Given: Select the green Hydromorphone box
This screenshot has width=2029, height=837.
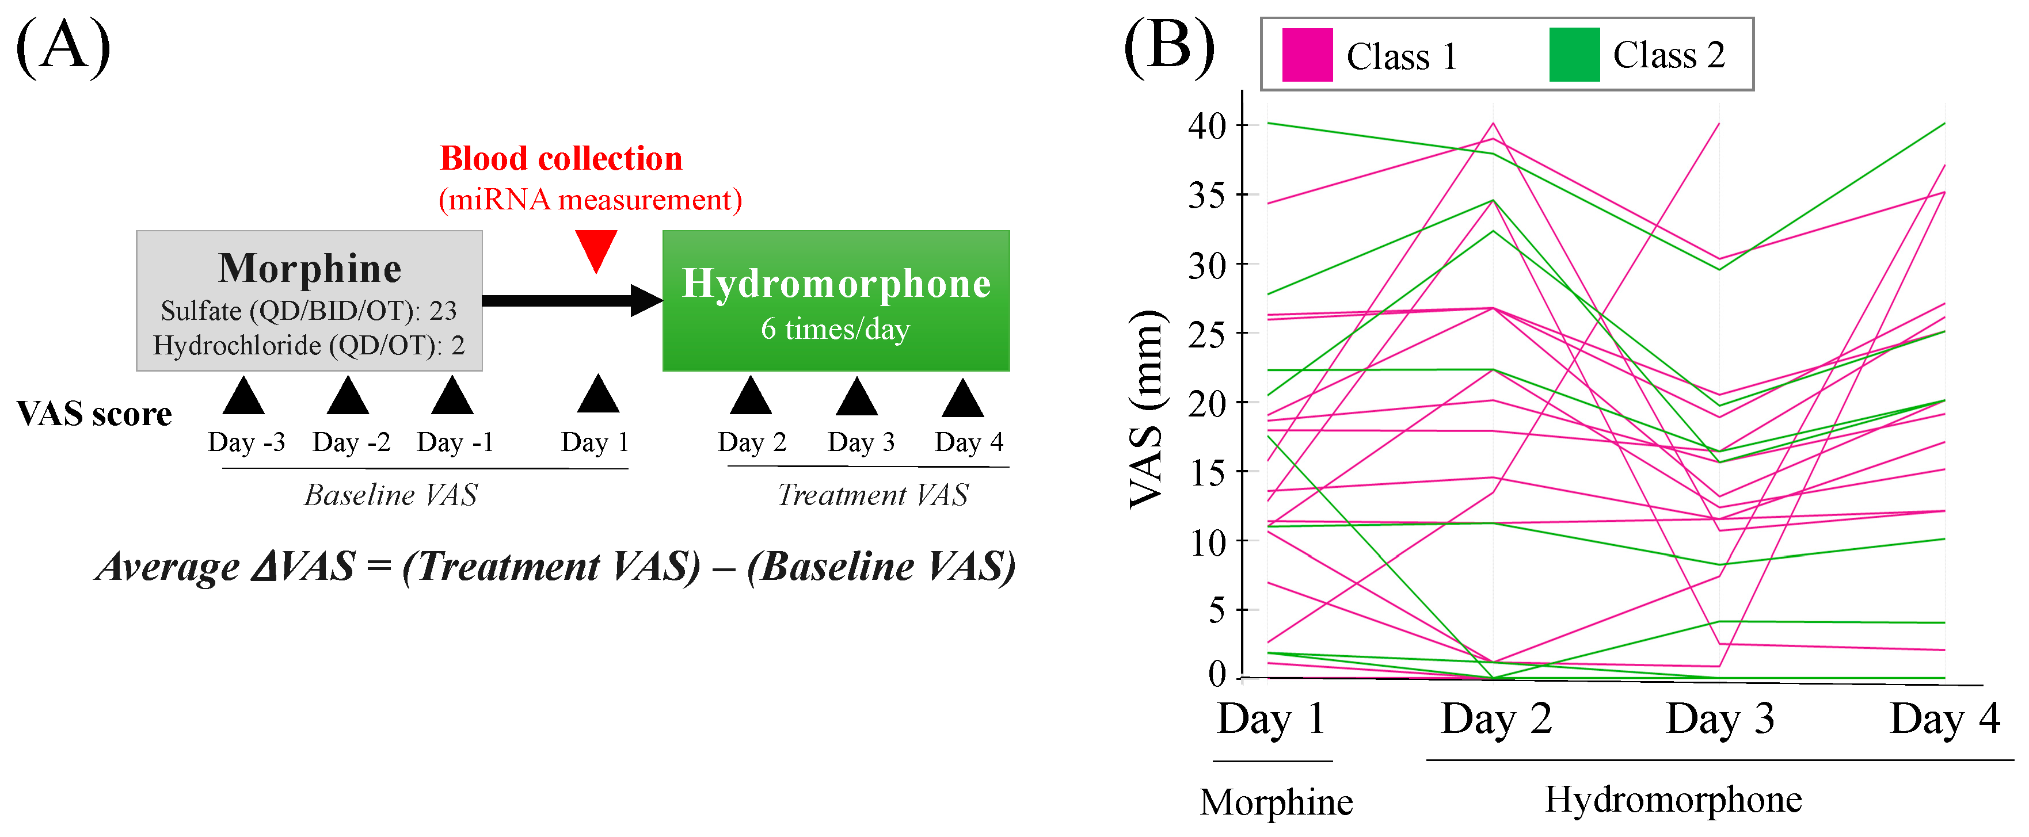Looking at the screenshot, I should pos(836,300).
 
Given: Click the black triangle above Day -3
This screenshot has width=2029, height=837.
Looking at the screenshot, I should pos(243,396).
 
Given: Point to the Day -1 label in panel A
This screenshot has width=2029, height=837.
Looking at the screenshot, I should pos(455,442).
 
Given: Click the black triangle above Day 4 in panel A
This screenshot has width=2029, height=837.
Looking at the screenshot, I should pos(962,399).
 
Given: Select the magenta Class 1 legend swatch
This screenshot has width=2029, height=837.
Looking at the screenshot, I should pos(1307,55).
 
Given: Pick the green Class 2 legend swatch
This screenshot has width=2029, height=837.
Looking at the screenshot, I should pos(1574,55).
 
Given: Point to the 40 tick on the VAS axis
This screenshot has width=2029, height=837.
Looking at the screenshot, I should pos(1208,125).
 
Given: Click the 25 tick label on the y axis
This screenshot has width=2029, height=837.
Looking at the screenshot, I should pos(1208,335).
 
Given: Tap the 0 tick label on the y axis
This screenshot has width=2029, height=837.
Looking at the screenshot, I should pos(1217,674).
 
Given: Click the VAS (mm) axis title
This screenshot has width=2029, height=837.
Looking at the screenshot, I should pos(1146,410).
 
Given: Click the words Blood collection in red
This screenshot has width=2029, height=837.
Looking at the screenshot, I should pos(561,159).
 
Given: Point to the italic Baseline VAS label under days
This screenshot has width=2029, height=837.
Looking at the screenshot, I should pos(391,495).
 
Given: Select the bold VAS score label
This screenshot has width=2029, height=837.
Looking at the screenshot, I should pos(94,414).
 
